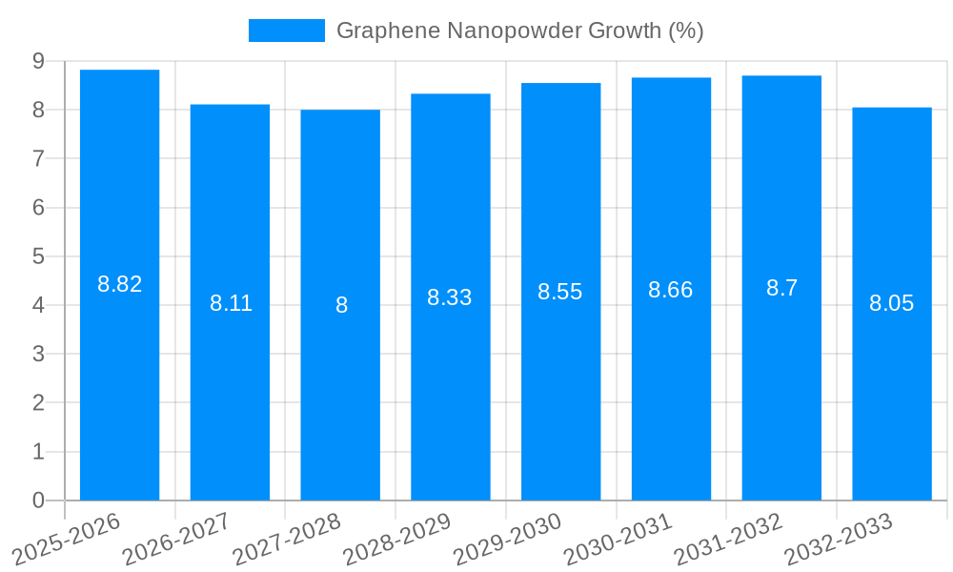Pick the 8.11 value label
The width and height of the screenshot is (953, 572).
click(231, 303)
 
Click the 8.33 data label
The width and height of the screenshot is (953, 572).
click(450, 297)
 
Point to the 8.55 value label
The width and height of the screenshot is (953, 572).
click(560, 292)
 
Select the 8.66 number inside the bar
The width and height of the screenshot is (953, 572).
click(671, 290)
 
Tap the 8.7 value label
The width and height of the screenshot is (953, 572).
click(781, 288)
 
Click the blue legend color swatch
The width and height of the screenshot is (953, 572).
click(286, 31)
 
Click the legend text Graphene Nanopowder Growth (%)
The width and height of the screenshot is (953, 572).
click(519, 31)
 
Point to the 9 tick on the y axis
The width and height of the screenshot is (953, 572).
click(38, 61)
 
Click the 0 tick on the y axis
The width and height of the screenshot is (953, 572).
click(38, 500)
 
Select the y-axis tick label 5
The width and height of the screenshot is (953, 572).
click(38, 256)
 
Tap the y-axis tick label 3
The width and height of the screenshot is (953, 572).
click(38, 354)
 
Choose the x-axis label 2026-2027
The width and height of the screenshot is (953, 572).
click(176, 540)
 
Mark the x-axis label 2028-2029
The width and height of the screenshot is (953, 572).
click(396, 540)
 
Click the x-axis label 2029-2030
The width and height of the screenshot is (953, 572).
click(507, 540)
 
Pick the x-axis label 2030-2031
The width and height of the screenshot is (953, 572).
click(618, 540)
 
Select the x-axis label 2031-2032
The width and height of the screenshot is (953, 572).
click(728, 540)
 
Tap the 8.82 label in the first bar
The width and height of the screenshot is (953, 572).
click(120, 284)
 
